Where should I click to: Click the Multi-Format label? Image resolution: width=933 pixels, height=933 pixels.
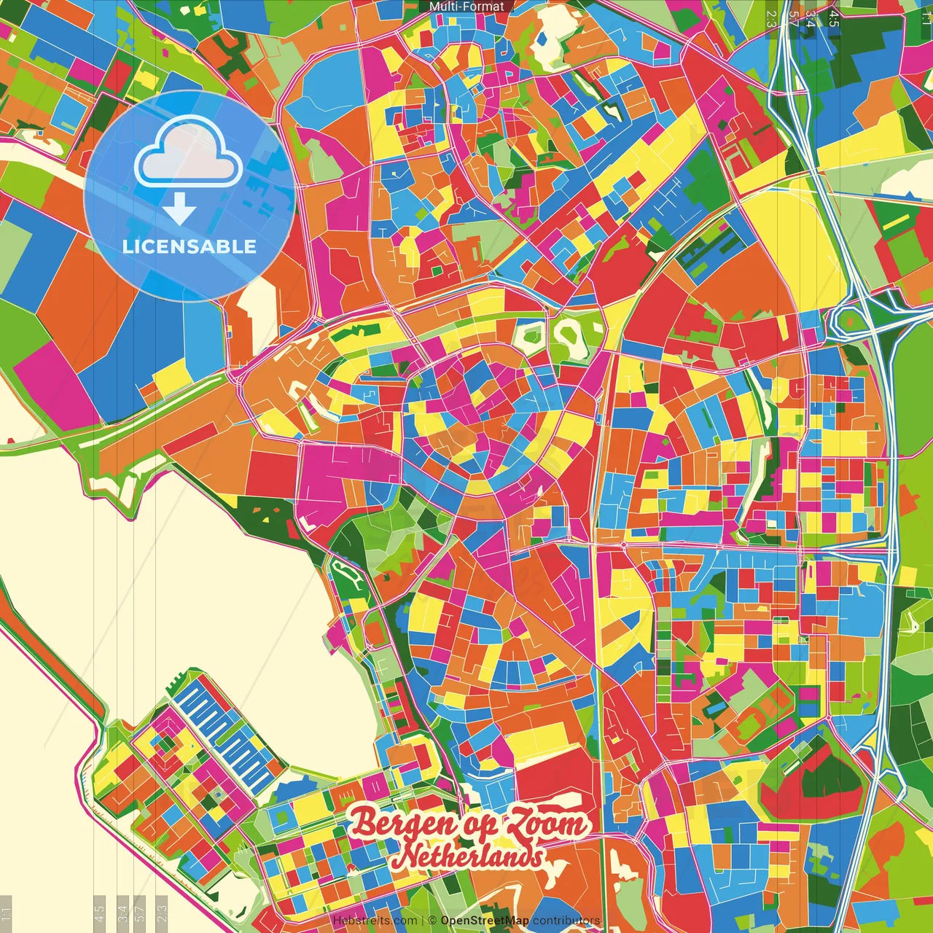click(x=466, y=7)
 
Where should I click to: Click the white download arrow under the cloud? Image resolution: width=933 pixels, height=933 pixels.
click(x=179, y=208)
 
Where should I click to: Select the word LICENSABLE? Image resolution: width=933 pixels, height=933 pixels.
click(x=190, y=246)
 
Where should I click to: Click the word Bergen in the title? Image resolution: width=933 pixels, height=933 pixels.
click(x=404, y=822)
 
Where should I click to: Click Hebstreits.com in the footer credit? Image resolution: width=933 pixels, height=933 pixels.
click(x=375, y=921)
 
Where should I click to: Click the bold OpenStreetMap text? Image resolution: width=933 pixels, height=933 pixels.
click(x=485, y=921)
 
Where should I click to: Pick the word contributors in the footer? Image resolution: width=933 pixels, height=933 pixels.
click(x=566, y=921)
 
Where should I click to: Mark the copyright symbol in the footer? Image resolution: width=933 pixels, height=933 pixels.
click(x=432, y=921)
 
